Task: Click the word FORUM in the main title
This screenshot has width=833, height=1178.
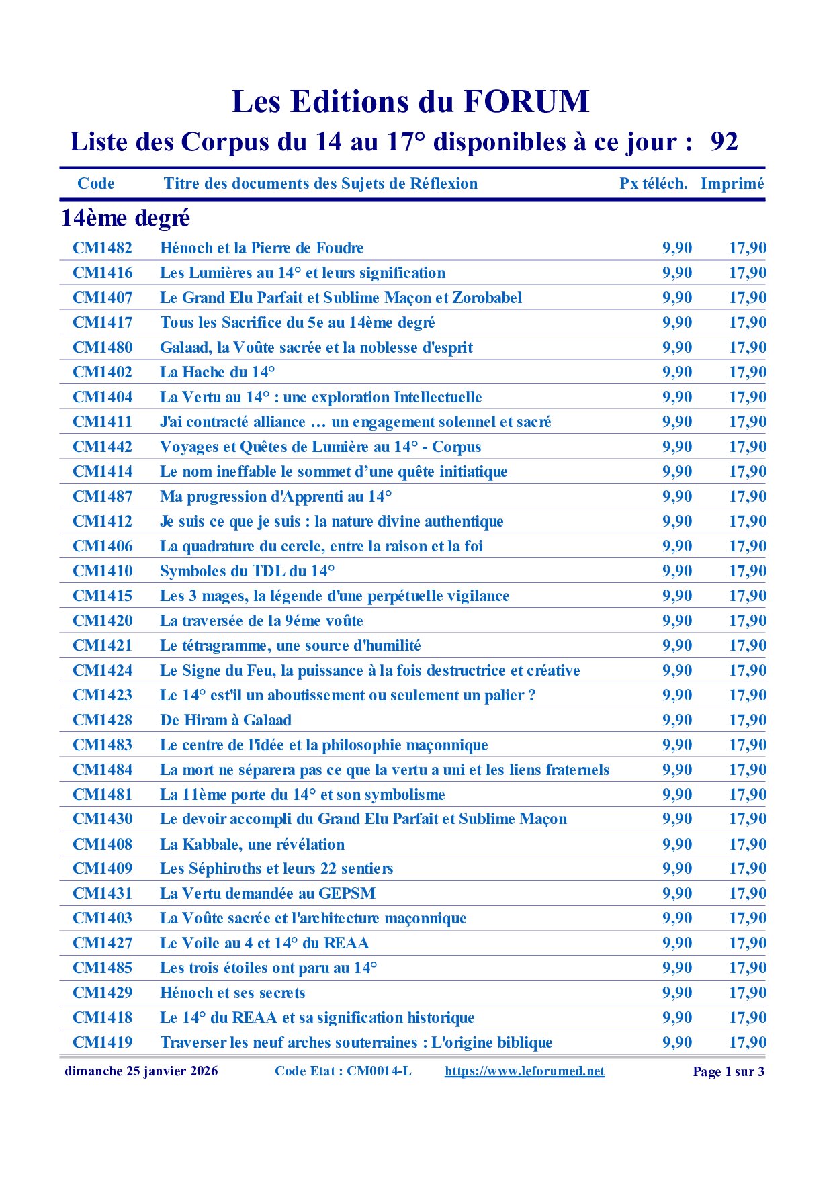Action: (525, 102)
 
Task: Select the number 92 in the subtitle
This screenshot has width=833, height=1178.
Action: (724, 142)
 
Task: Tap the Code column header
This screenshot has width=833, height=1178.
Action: (96, 184)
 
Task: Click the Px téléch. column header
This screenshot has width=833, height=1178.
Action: (653, 184)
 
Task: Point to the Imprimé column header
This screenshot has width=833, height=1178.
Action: (732, 184)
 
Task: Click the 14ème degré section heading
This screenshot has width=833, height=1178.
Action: (126, 218)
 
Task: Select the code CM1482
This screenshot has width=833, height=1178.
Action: (103, 248)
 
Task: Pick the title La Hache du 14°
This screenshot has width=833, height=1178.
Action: (218, 372)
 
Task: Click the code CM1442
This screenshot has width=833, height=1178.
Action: (103, 447)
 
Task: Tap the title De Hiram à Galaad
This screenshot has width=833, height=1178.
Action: (226, 720)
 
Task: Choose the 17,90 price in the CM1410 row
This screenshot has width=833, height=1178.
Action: (748, 571)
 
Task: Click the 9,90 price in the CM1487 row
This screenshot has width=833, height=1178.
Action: (677, 496)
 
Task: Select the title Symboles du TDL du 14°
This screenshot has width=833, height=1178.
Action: (247, 571)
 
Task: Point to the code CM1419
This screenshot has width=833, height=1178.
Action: (103, 1042)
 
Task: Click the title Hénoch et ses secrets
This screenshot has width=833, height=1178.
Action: (232, 993)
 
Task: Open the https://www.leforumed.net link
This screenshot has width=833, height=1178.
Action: (525, 1071)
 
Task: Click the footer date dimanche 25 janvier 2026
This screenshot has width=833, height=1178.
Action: (141, 1071)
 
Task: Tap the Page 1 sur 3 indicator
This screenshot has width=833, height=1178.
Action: (728, 1072)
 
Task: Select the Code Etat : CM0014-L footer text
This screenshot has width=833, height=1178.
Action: (343, 1071)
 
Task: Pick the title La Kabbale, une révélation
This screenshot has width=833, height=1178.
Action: (252, 844)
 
